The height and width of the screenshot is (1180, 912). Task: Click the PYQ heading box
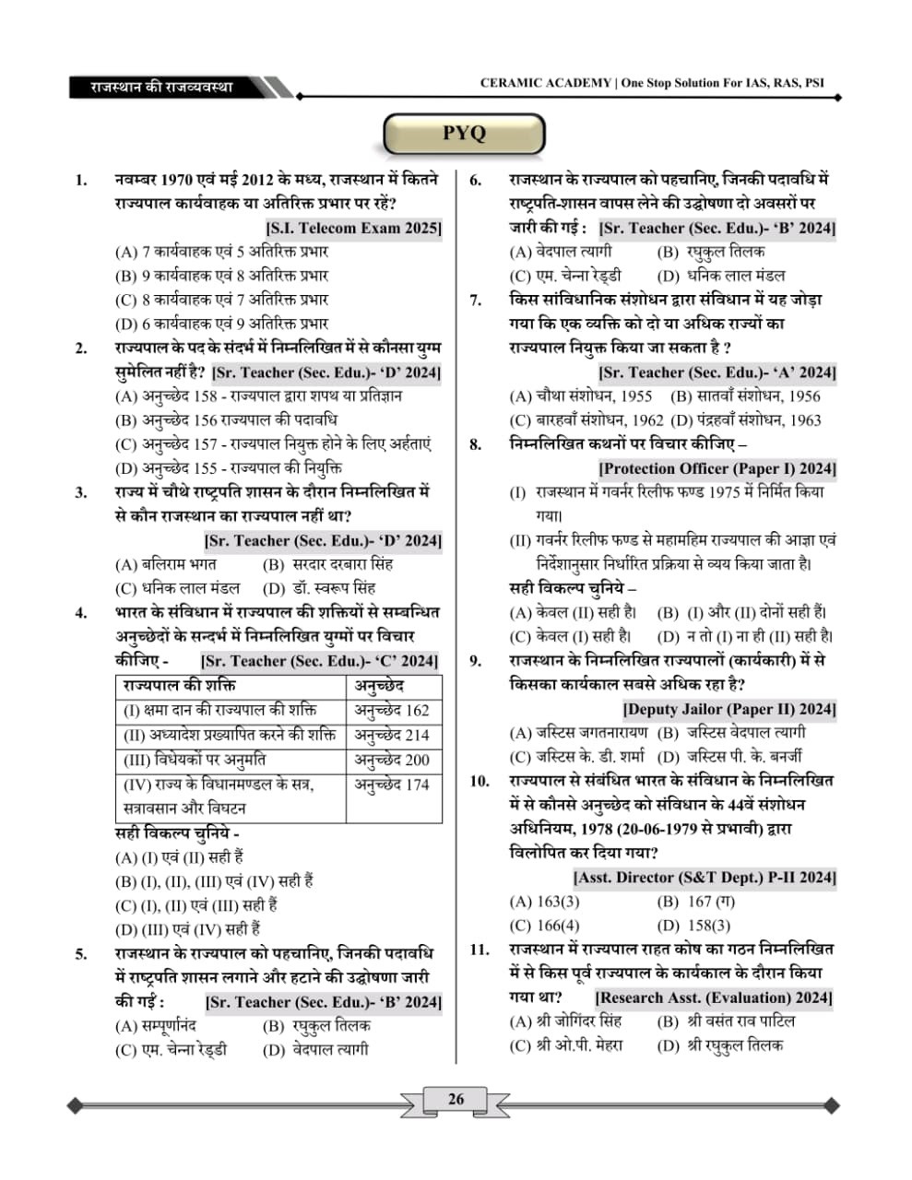[463, 133]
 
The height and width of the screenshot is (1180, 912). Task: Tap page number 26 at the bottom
[456, 1099]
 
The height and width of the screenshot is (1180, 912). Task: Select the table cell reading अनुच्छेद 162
[392, 711]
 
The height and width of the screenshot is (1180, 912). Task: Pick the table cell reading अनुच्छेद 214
[392, 736]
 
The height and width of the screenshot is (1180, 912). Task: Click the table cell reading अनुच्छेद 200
[392, 761]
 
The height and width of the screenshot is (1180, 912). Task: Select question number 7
[476, 300]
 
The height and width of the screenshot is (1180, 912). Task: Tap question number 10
[479, 781]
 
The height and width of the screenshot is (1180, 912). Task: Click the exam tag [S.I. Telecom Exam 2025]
[353, 228]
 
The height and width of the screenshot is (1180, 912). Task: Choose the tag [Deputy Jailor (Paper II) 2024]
[728, 709]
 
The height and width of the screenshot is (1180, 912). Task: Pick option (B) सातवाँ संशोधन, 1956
[745, 396]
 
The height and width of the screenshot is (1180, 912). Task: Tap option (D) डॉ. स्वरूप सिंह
[318, 588]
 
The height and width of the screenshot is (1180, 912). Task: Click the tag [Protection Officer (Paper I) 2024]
[717, 468]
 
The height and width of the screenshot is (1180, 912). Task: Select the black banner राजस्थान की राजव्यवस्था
[162, 88]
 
